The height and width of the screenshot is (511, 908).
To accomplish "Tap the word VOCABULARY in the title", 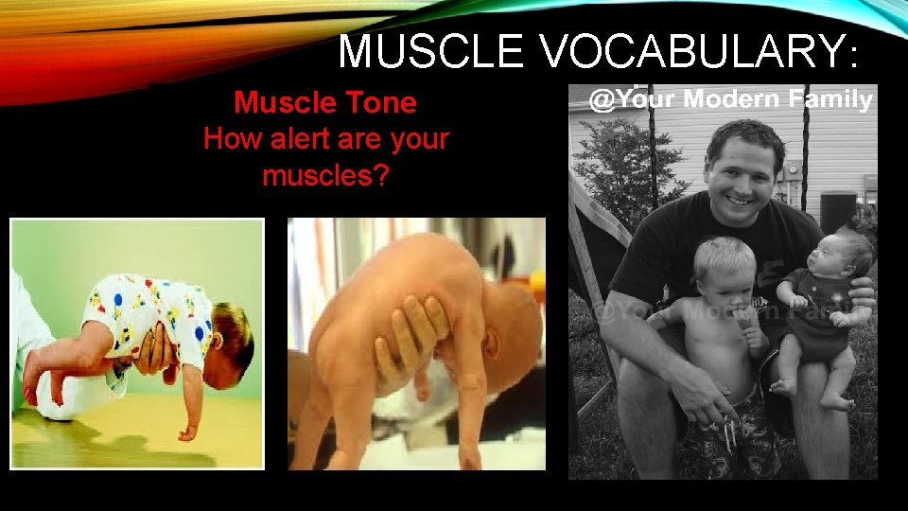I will pos(692,52).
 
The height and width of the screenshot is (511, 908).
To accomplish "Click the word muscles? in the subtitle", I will pos(325,175).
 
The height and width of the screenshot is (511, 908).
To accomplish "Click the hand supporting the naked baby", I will pos(411,341).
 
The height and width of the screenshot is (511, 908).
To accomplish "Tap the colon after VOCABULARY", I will pos(854,57).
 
